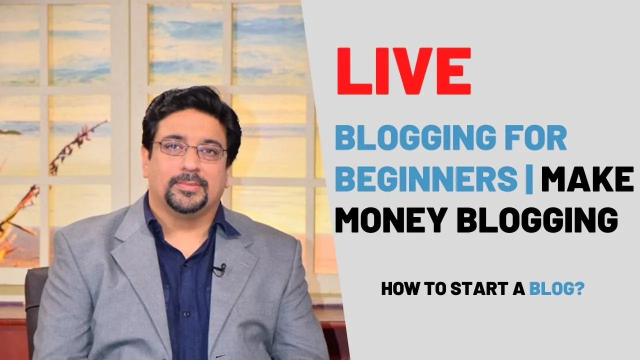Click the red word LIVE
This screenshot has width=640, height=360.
[x=404, y=71]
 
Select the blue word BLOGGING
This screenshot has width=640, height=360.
[x=416, y=137]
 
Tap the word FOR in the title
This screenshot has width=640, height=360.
[x=536, y=137]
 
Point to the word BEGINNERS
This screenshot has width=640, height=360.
[x=426, y=178]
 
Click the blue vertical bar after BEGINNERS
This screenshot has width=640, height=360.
[x=529, y=179]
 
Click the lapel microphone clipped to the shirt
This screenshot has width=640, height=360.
[x=219, y=269]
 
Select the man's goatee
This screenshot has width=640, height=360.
[x=187, y=194]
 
